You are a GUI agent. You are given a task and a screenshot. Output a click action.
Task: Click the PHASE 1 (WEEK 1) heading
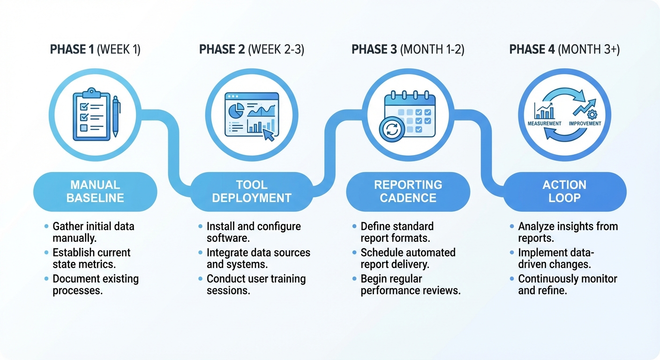coord(95,50)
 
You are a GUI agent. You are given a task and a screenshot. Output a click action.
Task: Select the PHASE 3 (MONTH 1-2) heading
coord(408,50)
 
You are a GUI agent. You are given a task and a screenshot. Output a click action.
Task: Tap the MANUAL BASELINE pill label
coord(95,191)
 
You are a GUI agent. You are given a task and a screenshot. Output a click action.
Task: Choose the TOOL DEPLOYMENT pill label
coord(252,191)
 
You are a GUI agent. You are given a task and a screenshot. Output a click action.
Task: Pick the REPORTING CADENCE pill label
coord(408,191)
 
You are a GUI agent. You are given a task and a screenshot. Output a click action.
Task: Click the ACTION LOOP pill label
coord(564,191)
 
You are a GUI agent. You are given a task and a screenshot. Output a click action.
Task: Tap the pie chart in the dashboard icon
coord(236,111)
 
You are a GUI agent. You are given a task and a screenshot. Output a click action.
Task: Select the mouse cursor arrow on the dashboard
coord(268,135)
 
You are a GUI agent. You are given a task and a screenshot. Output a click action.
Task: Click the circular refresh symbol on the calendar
coord(392,129)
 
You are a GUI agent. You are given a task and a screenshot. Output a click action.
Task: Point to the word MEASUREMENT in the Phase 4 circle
coord(544,124)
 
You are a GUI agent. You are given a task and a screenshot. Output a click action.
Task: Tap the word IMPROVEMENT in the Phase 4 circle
coord(585,124)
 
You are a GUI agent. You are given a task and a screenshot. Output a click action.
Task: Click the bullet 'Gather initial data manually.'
coord(93,232)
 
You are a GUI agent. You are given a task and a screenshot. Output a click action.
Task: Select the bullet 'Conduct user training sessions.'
coord(256,285)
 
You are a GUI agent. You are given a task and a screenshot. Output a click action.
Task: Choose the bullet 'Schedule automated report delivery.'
coord(408,258)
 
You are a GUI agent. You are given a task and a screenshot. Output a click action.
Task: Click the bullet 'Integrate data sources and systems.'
coord(258,258)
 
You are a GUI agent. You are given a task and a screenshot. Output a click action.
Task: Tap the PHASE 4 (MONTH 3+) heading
coord(564,50)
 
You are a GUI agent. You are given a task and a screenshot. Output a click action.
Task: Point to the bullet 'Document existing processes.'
coord(96,285)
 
